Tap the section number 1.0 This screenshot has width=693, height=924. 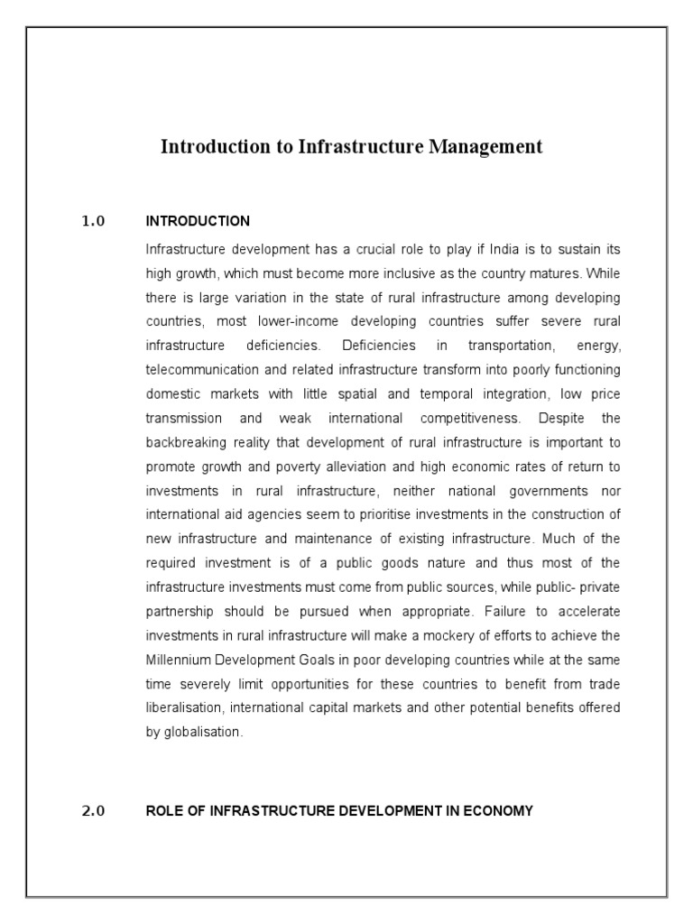tap(94, 221)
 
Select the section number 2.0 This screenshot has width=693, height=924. tap(94, 810)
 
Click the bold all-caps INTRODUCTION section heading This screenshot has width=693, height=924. tap(198, 221)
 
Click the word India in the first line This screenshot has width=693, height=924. tap(502, 248)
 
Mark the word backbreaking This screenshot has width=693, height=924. tap(183, 443)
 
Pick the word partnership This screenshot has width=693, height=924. tap(178, 589)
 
